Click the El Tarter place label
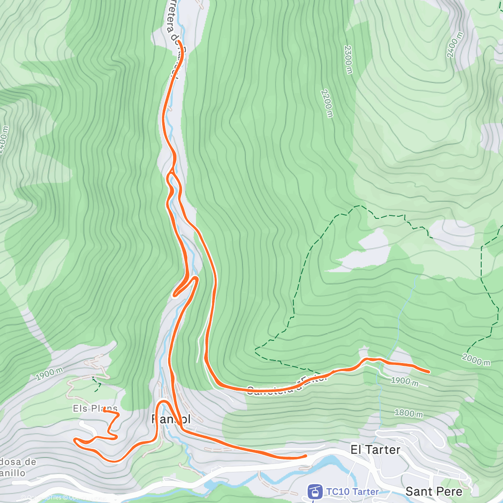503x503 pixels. coord(375,450)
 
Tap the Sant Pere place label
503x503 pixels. coord(434,491)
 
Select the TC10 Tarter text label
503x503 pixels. coord(353,492)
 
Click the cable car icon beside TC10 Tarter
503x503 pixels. coord(315,492)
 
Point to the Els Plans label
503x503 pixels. coord(95,408)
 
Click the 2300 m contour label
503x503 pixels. coord(348,60)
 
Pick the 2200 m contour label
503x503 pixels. coord(327,103)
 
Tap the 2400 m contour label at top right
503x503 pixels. coord(454,44)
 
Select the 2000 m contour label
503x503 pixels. coord(476,359)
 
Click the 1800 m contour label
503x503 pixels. coord(409,413)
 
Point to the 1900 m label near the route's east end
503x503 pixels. coord(404,381)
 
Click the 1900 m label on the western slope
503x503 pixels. coord(49,374)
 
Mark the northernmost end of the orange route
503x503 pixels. coord(179,42)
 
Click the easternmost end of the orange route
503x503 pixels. coord(428,372)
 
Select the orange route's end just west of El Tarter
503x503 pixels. coord(306,456)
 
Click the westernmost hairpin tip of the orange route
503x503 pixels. coord(75,439)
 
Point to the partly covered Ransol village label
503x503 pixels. coord(171,419)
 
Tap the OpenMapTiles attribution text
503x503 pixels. coord(42,498)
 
